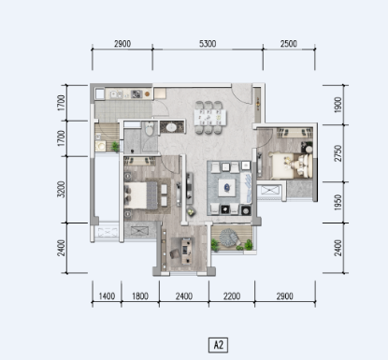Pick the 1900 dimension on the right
(x=338, y=105)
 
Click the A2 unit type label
(x=217, y=344)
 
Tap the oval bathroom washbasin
(x=171, y=126)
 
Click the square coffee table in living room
(x=227, y=185)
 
